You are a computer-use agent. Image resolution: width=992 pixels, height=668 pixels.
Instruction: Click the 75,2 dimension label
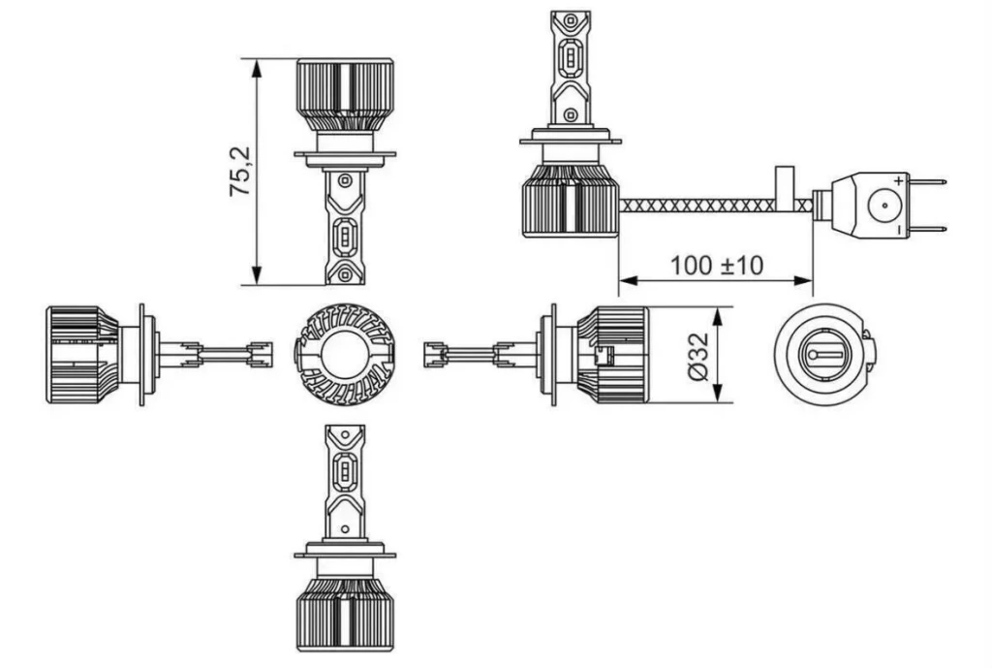pyautogui.click(x=241, y=172)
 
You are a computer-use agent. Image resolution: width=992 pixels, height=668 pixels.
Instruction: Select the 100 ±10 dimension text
pyautogui.click(x=716, y=266)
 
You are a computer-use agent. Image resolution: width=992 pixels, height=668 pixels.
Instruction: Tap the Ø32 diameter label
pyautogui.click(x=697, y=357)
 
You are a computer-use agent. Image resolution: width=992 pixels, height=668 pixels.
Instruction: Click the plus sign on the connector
pyautogui.click(x=898, y=181)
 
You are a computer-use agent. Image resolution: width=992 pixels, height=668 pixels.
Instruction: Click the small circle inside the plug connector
pyautogui.click(x=883, y=206)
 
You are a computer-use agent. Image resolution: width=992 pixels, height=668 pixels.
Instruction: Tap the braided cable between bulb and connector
pyautogui.click(x=714, y=206)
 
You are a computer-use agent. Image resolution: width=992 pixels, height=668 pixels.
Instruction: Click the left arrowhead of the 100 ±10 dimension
pyautogui.click(x=628, y=280)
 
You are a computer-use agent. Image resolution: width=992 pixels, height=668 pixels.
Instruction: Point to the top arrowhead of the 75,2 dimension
pyautogui.click(x=256, y=69)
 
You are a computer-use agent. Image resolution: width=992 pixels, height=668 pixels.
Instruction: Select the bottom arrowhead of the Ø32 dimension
pyautogui.click(x=718, y=393)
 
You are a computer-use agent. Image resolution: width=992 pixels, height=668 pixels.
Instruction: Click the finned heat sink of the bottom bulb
pyautogui.click(x=345, y=614)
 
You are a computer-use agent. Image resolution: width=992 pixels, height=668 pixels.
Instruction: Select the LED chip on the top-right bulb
pyautogui.click(x=570, y=53)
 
